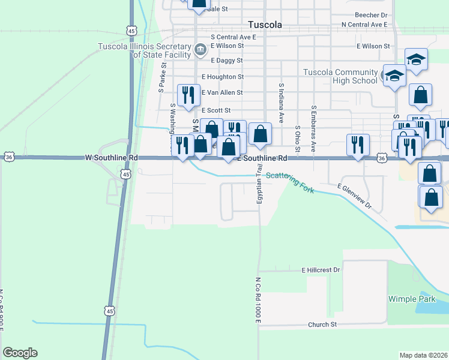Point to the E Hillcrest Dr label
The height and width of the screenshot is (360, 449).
point(321,271)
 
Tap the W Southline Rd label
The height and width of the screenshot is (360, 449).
point(112,158)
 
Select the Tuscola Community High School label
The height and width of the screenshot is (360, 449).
point(340,77)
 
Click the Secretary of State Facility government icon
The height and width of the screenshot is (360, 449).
point(200,50)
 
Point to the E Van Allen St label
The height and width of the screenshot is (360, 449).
point(222,92)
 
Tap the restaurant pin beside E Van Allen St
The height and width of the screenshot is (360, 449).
point(188,95)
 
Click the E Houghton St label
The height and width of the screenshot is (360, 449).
point(223,77)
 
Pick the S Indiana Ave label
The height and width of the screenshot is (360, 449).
point(280,100)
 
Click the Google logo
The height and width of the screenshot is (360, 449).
point(20,353)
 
